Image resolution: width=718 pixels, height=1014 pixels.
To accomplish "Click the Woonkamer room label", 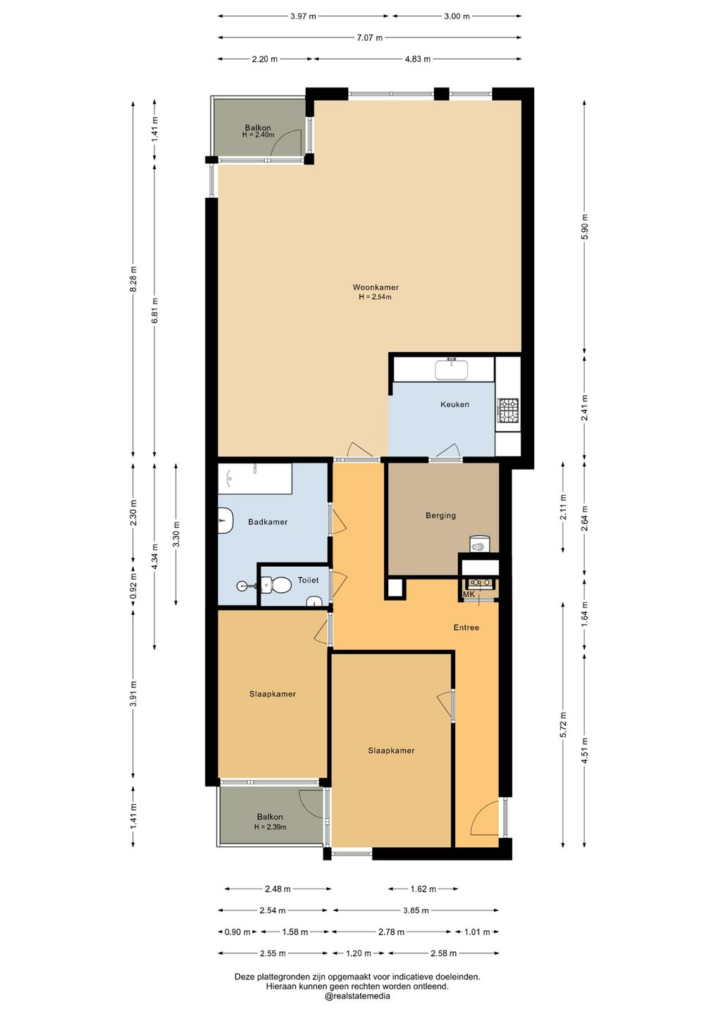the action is (x=376, y=287).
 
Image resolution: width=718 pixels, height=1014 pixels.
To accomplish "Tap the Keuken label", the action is (x=454, y=404).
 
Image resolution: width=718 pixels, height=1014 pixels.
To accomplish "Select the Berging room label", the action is (x=440, y=515).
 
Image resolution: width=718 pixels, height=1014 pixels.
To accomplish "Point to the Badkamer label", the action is (x=268, y=522).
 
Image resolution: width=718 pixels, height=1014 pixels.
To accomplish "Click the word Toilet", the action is (x=308, y=580).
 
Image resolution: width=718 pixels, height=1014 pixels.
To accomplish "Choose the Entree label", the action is (x=466, y=627).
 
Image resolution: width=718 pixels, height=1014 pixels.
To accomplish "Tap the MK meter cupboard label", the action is (x=469, y=594).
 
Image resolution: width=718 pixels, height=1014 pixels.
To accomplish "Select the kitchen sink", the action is (x=451, y=370).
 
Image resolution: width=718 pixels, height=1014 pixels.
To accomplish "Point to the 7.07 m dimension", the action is (x=370, y=37).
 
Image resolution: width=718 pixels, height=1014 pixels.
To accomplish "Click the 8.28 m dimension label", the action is (x=133, y=278).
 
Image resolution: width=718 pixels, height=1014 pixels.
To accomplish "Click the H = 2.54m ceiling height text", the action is (x=375, y=297).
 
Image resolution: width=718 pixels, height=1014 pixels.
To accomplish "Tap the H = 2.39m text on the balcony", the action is (x=270, y=827).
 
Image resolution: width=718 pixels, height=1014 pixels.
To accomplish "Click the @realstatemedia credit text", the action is (x=357, y=996).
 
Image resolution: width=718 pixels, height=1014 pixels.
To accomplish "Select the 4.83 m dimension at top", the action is (x=418, y=59).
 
